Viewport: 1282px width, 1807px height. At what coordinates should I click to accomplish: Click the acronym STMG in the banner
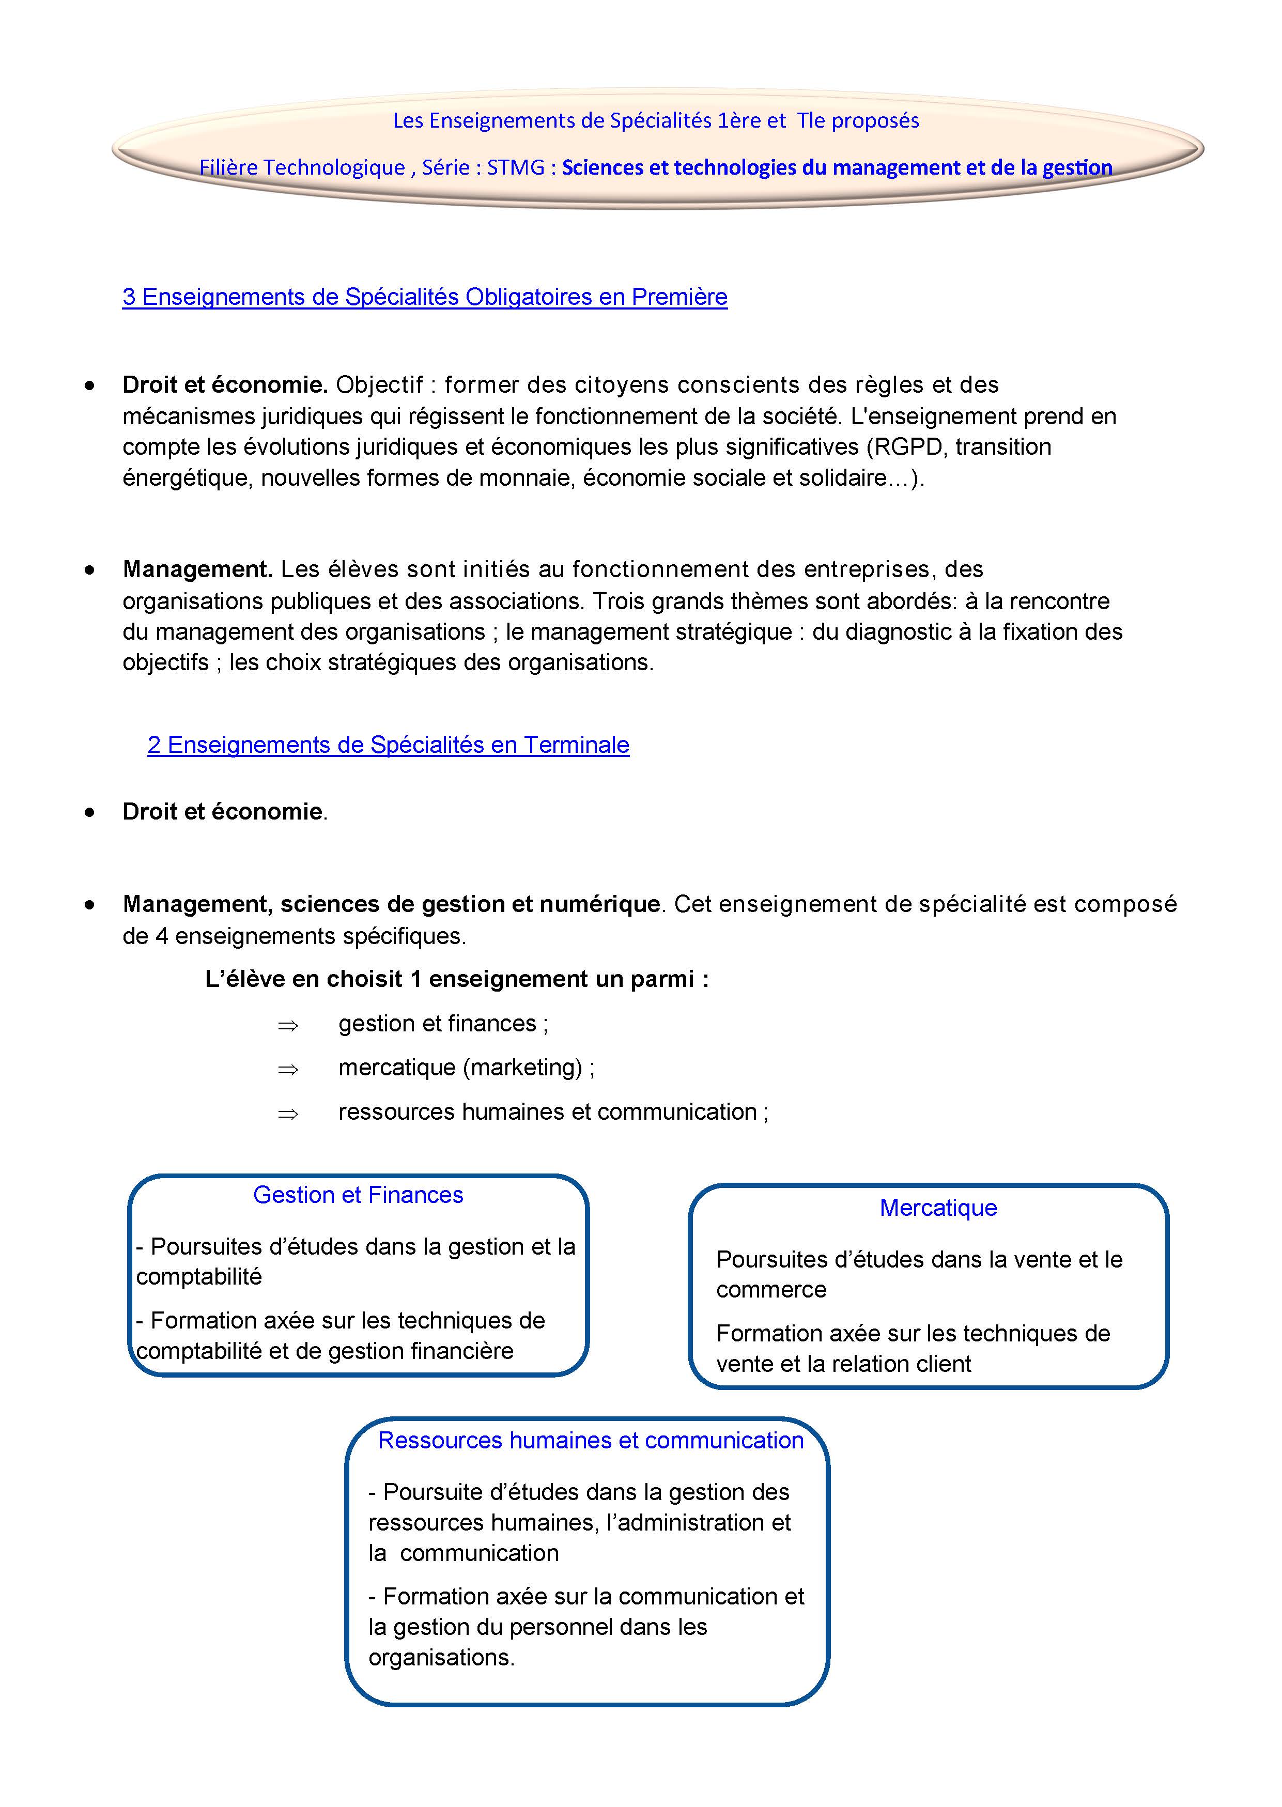coord(516,167)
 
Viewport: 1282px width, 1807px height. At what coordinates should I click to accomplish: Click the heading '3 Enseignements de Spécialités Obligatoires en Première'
coord(425,297)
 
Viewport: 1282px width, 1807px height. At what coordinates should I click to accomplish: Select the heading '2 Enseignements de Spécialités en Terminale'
coord(389,745)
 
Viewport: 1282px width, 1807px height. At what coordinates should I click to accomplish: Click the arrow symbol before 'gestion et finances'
coord(287,1026)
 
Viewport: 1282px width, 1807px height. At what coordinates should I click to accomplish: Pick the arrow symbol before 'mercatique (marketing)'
coord(287,1070)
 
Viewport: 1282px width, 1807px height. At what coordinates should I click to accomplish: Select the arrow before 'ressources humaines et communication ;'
coord(287,1114)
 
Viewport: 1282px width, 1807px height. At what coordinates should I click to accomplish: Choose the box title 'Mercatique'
coord(938,1208)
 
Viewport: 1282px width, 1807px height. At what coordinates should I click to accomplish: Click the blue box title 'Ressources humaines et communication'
coord(591,1440)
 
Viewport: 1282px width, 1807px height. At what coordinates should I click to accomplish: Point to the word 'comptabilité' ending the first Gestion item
coord(199,1276)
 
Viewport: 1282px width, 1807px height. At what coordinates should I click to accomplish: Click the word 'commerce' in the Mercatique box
coord(771,1289)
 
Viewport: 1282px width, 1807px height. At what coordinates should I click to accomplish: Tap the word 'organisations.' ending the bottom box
coord(441,1657)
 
